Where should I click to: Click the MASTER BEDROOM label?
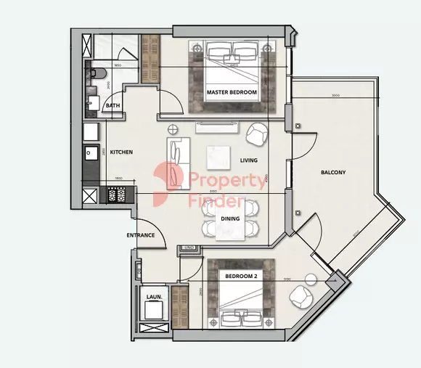(232, 93)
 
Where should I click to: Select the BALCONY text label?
(333, 172)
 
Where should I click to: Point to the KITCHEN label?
(121, 152)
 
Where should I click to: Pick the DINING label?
(230, 218)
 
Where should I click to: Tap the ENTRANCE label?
(140, 235)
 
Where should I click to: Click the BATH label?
(113, 106)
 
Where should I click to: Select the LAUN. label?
(154, 298)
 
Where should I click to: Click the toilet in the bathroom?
(99, 73)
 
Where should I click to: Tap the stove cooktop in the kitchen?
(121, 195)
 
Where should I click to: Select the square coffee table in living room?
(218, 157)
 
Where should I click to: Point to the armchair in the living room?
(256, 134)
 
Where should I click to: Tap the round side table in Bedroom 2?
(311, 279)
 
